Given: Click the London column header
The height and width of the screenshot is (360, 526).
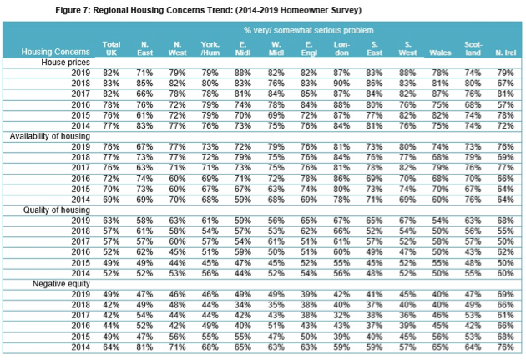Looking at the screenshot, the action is [341, 48].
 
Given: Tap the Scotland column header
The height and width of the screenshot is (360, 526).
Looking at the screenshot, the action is [473, 48].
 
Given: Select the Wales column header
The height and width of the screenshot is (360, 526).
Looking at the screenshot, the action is [440, 53].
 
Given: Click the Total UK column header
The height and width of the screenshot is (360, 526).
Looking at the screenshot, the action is [111, 48].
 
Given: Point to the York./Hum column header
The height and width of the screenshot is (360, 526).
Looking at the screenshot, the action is [210, 48].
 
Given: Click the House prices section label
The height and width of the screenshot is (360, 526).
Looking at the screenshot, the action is [65, 63].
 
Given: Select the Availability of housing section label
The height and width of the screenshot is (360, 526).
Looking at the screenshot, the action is [49, 136].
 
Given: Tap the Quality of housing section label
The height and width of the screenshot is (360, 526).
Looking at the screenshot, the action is [57, 210].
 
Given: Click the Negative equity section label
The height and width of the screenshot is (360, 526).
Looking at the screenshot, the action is [61, 284].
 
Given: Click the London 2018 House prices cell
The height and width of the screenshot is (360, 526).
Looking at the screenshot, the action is [341, 84].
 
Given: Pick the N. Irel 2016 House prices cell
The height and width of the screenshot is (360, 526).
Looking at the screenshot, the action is [505, 104].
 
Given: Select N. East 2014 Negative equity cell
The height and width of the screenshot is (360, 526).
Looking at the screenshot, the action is [144, 347].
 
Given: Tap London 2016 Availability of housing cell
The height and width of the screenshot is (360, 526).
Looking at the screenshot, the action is [341, 179].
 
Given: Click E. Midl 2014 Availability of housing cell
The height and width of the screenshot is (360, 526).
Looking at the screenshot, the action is [243, 200].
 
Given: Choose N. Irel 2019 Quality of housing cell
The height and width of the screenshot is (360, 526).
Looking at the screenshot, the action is [505, 221].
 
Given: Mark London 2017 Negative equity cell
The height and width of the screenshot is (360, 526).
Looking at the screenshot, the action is [341, 315].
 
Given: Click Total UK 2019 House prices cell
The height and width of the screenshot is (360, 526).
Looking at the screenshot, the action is [111, 73].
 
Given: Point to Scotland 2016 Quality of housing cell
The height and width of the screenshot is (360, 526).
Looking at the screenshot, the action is [473, 251].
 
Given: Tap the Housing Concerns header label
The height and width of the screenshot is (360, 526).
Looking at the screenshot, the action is [56, 52].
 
